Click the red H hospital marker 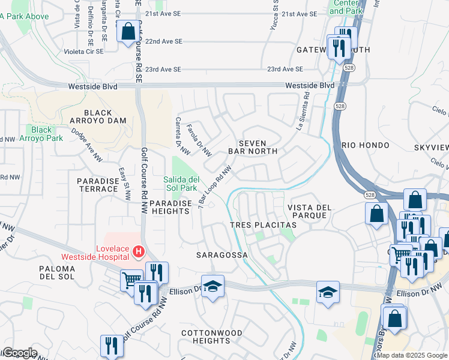(x=139, y=250)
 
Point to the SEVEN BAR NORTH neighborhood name (x=258, y=147)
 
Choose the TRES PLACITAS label (x=264, y=224)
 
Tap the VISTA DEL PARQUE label (x=309, y=211)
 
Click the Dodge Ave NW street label (x=86, y=145)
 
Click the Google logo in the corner (x=19, y=353)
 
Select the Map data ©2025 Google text (x=412, y=355)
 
